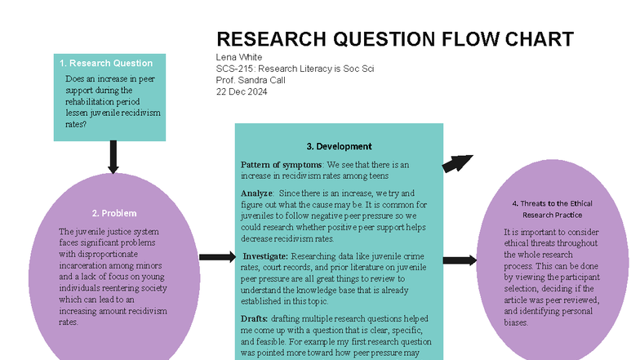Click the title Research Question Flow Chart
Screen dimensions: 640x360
pos(395,39)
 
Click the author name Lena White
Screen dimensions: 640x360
pos(239,57)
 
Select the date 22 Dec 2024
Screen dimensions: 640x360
pos(242,91)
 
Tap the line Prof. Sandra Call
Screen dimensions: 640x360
pos(251,80)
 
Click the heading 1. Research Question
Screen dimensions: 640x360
pos(106,64)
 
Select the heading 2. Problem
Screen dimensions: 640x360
pos(114,213)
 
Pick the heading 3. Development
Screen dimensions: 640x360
pos(340,146)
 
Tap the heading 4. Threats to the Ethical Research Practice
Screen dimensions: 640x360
pos(552,209)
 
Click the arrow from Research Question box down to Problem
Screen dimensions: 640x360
pos(113,157)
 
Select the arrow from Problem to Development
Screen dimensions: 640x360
pos(217,256)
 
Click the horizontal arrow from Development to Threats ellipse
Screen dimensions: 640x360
pos(460,260)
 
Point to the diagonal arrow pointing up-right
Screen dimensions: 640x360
pos(457,163)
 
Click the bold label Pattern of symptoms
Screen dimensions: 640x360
pos(281,165)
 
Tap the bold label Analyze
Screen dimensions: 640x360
pos(256,193)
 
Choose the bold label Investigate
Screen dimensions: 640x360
pos(265,256)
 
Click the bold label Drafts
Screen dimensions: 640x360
pos(254,318)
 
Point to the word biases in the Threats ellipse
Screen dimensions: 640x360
pos(516,322)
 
